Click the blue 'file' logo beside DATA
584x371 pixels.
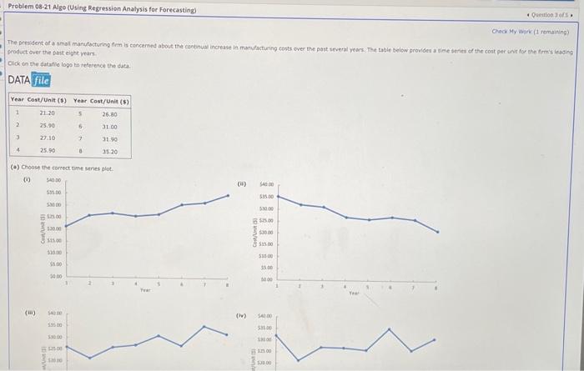pyautogui.click(x=41, y=80)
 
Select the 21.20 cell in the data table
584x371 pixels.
pyautogui.click(x=48, y=113)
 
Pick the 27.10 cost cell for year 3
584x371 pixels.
pyautogui.click(x=48, y=138)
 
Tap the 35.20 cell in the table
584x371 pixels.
pyautogui.click(x=109, y=152)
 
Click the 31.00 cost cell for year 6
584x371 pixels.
pyautogui.click(x=109, y=125)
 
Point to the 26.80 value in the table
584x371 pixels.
pyautogui.click(x=109, y=113)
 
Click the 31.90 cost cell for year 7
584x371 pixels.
pyautogui.click(x=109, y=138)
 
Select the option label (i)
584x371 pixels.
pyautogui.click(x=27, y=176)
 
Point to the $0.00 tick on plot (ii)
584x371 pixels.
pyautogui.click(x=269, y=280)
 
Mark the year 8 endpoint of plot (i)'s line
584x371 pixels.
pyautogui.click(x=229, y=196)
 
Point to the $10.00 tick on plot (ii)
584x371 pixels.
pyautogui.click(x=268, y=256)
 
